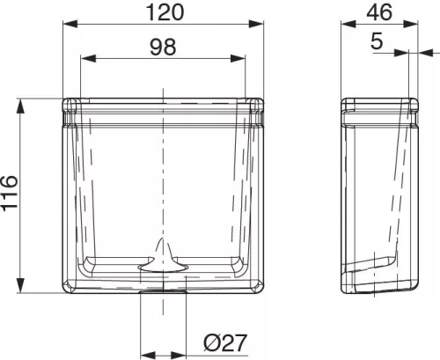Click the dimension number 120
(165, 12)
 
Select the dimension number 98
(163, 47)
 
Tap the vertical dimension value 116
(10, 193)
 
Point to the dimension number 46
(379, 12)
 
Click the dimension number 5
(377, 40)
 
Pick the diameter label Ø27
(225, 342)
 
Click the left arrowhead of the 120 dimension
(70, 24)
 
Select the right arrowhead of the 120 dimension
(256, 24)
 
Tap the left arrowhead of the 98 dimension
(88, 58)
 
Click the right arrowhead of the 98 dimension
(238, 58)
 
